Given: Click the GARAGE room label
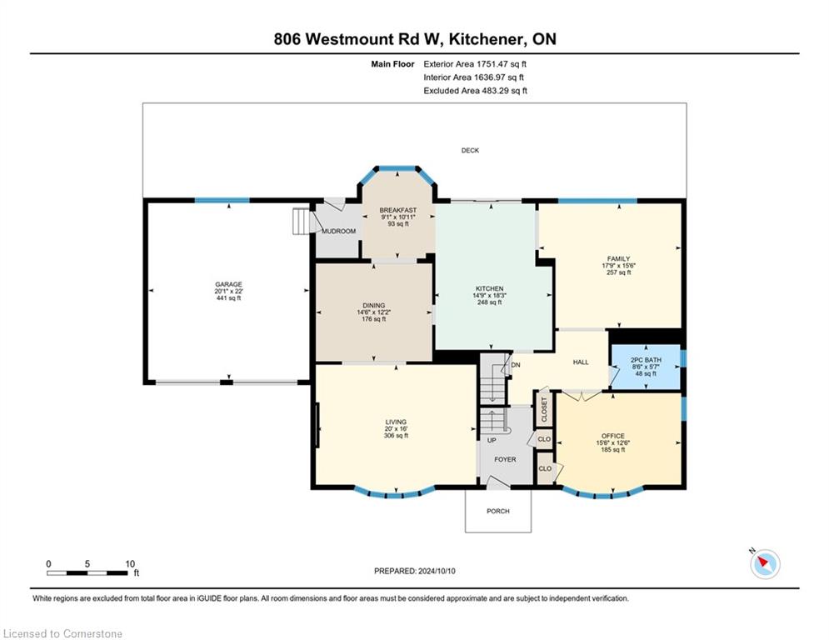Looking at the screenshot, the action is [x=228, y=284].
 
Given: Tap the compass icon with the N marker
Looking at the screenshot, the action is [x=765, y=564].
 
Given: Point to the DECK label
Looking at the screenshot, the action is [x=470, y=150].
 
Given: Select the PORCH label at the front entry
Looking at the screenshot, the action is [x=498, y=511].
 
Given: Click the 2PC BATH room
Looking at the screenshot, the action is [x=646, y=367].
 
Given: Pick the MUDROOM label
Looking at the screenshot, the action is [x=339, y=231].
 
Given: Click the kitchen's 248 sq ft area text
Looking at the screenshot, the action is [x=490, y=302].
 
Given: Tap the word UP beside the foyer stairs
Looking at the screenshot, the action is [x=492, y=440].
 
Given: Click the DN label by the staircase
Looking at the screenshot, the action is [x=516, y=365].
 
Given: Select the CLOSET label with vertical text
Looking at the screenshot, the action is [x=545, y=409].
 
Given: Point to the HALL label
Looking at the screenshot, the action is [x=581, y=362].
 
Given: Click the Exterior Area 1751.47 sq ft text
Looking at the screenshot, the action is [x=475, y=64].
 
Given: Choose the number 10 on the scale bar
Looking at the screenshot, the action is [x=130, y=564].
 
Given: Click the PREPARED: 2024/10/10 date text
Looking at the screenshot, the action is [x=415, y=571].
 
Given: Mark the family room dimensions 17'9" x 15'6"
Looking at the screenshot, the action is [x=618, y=266].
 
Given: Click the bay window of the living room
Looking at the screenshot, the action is [x=395, y=493].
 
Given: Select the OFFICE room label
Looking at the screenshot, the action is [x=612, y=436].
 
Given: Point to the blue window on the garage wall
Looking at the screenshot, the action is [x=222, y=201].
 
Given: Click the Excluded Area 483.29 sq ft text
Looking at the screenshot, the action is [x=475, y=91].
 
